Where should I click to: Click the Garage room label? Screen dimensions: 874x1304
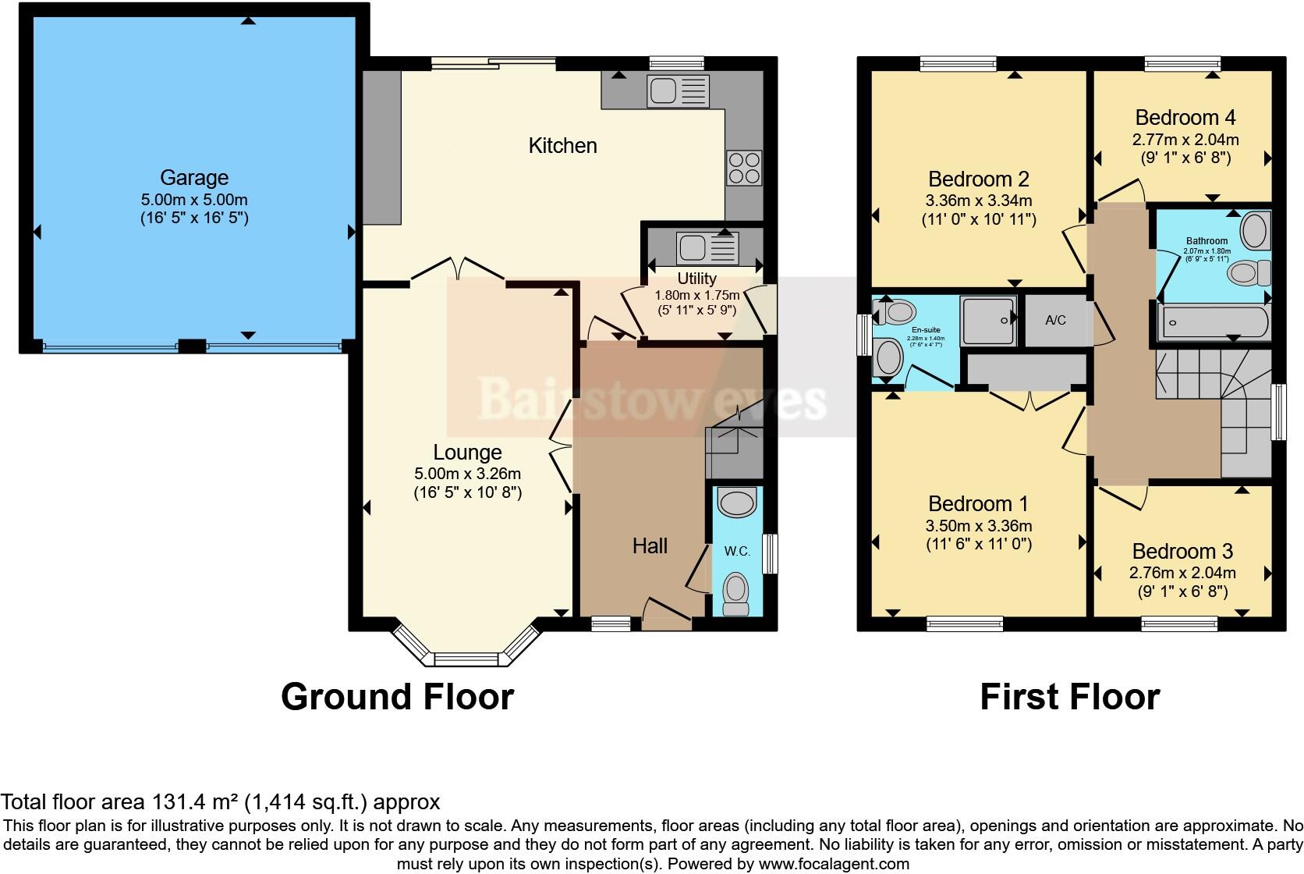coord(194,177)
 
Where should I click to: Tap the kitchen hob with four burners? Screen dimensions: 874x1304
coord(743,168)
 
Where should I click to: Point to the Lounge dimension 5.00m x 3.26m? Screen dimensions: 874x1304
coord(467,473)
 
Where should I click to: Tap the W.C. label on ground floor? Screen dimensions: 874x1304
coord(737,551)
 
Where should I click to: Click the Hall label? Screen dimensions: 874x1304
coord(650,545)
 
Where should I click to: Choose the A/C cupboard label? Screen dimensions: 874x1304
coord(1055,320)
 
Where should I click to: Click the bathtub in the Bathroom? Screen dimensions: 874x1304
coord(1213,322)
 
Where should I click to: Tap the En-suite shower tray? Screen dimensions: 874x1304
coord(988,320)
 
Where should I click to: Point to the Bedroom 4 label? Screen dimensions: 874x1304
coord(1185,118)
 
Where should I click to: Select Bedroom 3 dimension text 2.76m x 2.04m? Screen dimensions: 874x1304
coord(1182,573)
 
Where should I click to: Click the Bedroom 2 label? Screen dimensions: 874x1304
coord(978,179)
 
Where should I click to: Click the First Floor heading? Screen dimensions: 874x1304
coord(1069,696)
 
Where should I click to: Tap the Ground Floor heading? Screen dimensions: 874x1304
coord(397,696)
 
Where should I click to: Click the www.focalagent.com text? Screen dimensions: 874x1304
coord(833,864)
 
